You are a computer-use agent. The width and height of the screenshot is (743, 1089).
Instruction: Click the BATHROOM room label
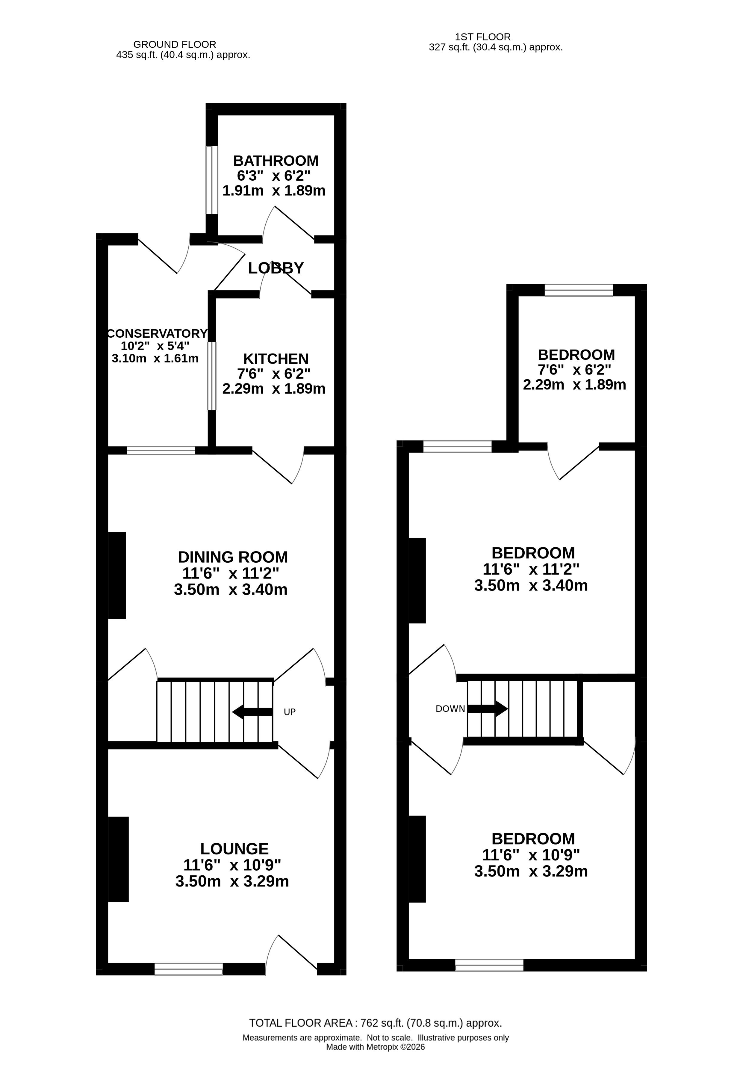point(276,161)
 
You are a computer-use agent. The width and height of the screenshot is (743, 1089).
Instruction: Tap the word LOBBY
point(276,268)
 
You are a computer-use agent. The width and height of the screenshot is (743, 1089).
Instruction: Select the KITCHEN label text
point(276,359)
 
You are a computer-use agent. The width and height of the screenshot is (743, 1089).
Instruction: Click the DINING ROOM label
point(233,557)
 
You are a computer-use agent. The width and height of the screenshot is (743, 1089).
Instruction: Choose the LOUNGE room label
point(234,849)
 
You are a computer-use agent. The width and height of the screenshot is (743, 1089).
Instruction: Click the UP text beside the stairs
point(290,712)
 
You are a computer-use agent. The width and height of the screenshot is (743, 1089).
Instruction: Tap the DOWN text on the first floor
point(450,709)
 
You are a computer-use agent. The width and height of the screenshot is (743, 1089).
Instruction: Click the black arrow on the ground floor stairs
point(252,712)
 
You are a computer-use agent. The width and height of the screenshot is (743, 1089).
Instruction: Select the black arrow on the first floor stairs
point(488,709)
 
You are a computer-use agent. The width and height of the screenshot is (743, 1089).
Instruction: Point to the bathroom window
point(212,180)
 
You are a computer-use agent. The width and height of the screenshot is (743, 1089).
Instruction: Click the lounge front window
point(189,969)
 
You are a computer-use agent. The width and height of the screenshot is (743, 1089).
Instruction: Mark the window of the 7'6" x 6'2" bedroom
point(579,290)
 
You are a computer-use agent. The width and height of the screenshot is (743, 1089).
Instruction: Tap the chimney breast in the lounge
point(119,860)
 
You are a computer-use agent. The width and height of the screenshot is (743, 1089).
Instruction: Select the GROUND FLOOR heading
point(175,45)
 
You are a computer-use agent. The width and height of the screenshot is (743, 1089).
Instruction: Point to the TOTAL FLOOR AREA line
point(375,1023)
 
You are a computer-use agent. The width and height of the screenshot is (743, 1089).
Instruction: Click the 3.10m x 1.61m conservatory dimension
point(155,359)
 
